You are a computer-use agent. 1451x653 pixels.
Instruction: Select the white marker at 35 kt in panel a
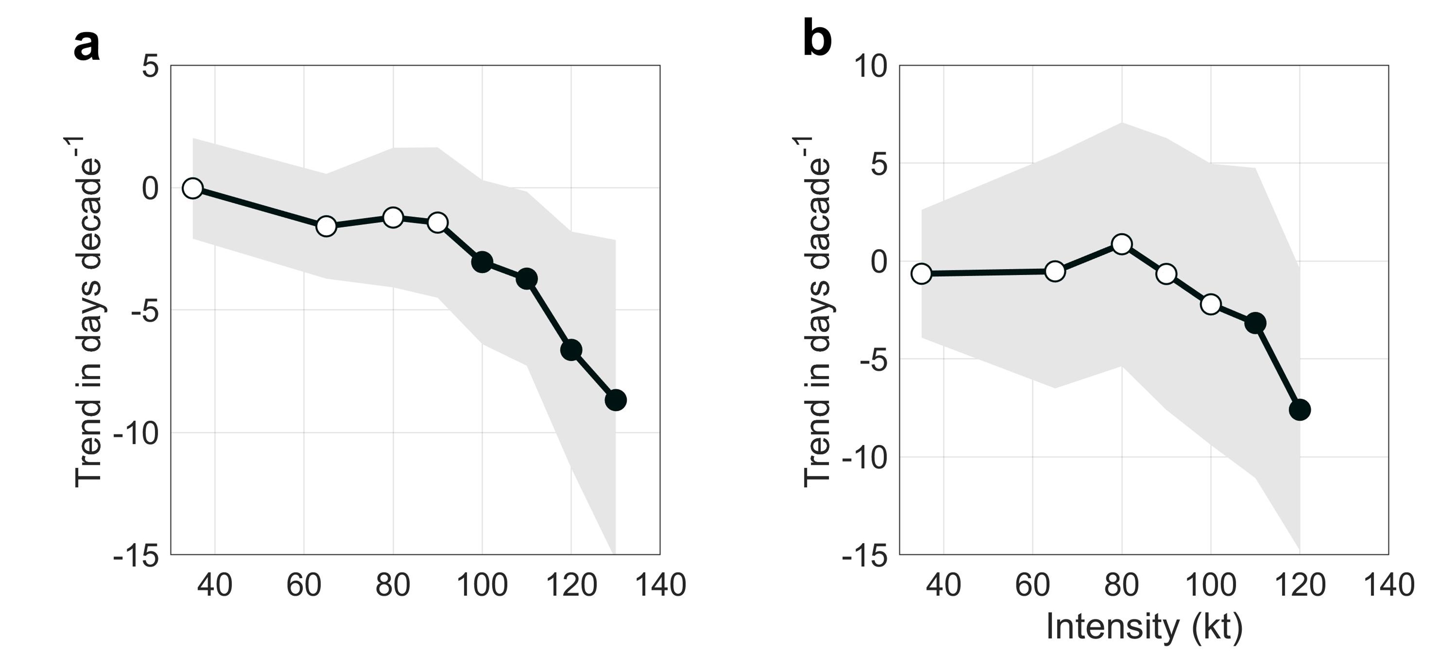[x=193, y=188]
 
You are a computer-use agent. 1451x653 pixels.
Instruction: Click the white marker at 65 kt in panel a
[x=326, y=226]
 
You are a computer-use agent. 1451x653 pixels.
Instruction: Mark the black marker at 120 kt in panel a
[x=571, y=350]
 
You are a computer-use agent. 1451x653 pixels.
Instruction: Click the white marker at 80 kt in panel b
[x=1121, y=244]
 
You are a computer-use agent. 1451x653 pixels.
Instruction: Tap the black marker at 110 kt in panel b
[x=1255, y=323]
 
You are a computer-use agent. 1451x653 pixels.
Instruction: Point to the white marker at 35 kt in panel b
[x=921, y=274]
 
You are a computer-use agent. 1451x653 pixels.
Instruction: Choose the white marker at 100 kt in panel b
[x=1210, y=304]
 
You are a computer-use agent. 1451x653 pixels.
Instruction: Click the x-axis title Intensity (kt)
[x=1144, y=627]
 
